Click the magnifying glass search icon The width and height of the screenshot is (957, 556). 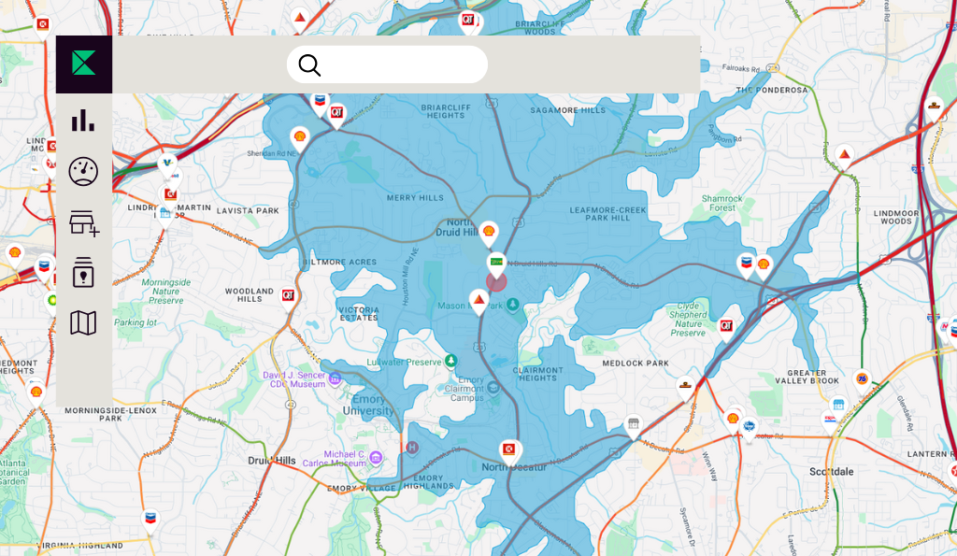tap(309, 64)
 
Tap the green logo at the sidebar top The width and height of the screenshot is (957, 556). tap(84, 64)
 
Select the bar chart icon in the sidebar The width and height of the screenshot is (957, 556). tap(83, 120)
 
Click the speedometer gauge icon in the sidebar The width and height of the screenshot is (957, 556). tap(83, 171)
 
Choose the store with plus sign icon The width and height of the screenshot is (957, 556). tap(83, 222)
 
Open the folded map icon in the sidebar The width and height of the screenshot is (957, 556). tap(83, 323)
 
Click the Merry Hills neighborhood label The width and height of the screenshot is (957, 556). tap(415, 198)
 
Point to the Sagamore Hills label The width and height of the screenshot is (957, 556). tap(568, 110)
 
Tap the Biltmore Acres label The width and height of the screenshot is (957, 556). tap(340, 263)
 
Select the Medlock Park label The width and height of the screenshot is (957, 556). tap(636, 363)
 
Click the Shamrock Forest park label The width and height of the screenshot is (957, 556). tap(722, 204)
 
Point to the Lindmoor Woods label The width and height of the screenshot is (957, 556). tap(895, 217)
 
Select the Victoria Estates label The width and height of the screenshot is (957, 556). tap(359, 313)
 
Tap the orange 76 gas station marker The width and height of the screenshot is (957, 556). tap(862, 378)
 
